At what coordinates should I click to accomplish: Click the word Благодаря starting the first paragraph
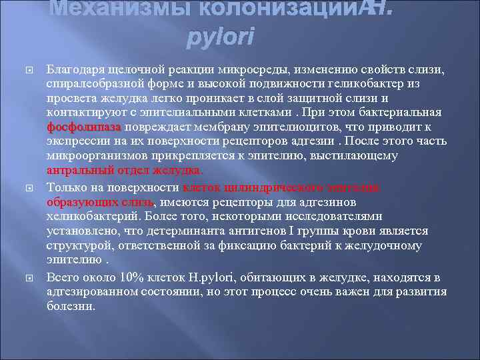[72, 70]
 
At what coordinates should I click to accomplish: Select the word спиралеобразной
[89, 84]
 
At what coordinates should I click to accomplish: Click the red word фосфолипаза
[84, 126]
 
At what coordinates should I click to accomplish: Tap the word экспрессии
[73, 141]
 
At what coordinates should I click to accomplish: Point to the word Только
[65, 187]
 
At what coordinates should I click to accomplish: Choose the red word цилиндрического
[283, 187]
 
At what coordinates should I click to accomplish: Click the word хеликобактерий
[88, 216]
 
